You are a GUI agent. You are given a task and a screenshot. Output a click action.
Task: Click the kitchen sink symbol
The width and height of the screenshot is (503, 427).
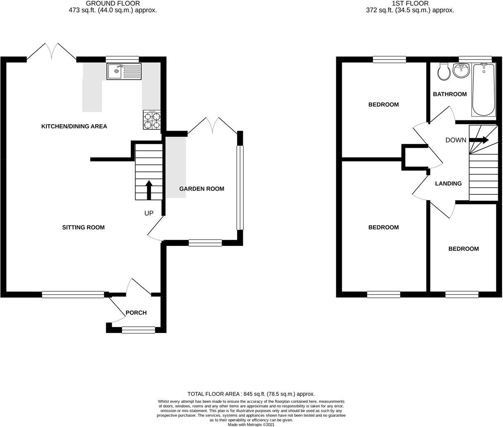point(124,71)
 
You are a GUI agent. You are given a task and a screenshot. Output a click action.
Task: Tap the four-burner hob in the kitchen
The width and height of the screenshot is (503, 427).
point(152,120)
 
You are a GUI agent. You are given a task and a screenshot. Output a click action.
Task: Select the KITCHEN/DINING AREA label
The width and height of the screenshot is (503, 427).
point(74,126)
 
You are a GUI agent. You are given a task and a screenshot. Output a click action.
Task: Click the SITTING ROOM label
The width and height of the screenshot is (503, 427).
point(83,227)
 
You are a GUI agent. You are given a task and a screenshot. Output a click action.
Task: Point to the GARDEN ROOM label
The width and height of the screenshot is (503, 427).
point(201,189)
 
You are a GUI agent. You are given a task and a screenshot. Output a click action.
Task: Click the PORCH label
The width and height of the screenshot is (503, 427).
point(136,312)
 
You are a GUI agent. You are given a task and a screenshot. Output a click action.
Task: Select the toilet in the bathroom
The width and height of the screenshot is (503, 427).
point(444,72)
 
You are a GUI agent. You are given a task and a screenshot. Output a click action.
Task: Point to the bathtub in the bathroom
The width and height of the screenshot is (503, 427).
point(484,89)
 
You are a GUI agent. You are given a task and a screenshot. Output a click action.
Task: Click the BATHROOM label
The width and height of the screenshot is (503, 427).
point(450,94)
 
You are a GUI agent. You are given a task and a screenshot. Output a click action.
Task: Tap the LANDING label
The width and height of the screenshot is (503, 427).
point(448,183)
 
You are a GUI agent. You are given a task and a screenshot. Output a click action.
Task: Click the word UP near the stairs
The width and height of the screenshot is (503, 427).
point(149,213)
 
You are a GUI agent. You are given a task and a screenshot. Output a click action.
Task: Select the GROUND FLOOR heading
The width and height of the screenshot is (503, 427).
point(113,3)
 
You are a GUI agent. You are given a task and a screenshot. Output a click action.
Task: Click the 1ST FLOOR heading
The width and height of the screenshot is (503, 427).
point(410,3)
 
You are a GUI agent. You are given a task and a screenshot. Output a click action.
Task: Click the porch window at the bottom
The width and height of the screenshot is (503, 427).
point(138,330)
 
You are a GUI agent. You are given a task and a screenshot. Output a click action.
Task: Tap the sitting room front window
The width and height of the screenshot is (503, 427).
point(73,295)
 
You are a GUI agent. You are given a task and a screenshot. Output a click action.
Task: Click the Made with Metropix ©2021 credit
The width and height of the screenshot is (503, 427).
point(251,424)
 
